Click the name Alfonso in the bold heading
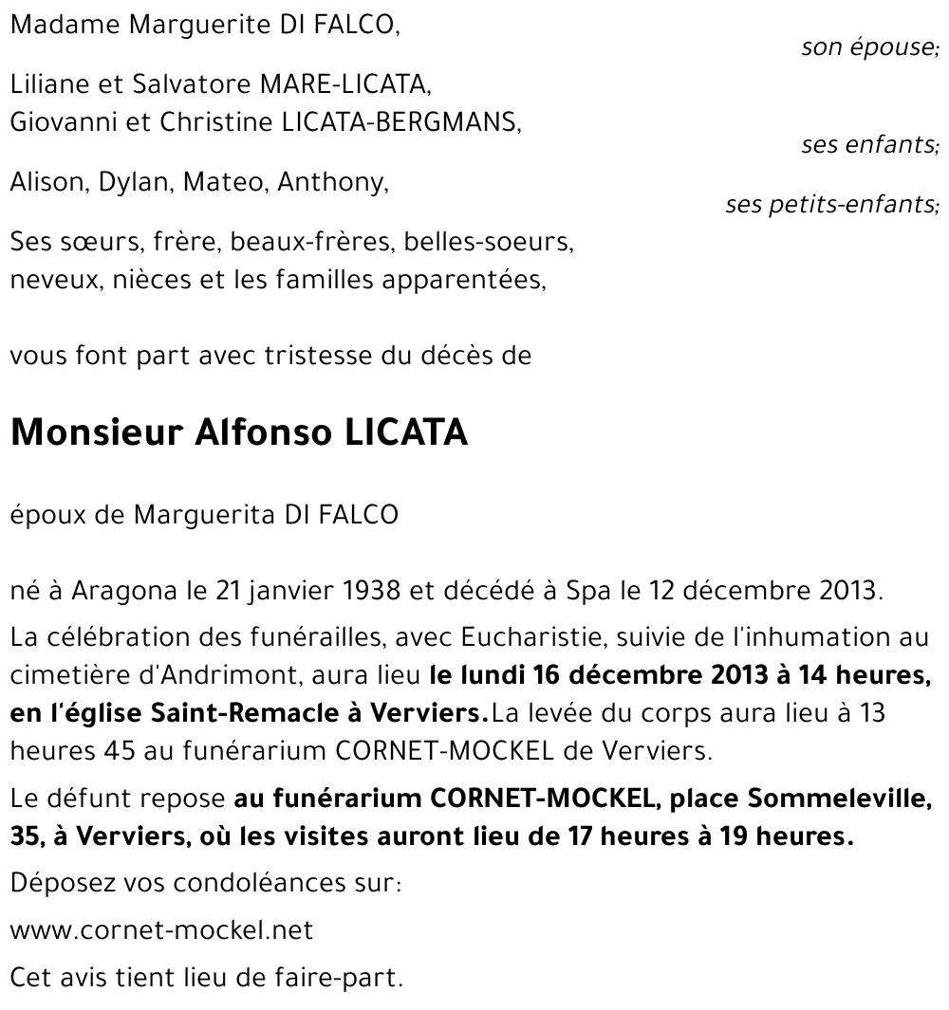tap(256, 432)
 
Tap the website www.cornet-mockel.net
tap(161, 930)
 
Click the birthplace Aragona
tap(132, 591)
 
